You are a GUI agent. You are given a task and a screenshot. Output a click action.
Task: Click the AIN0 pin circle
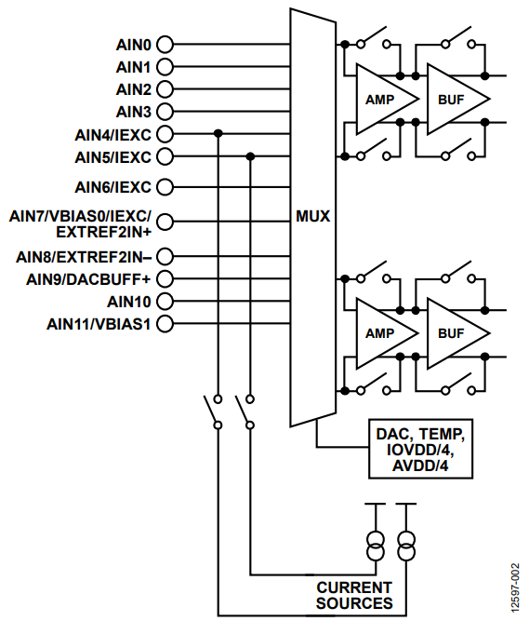[x=165, y=44]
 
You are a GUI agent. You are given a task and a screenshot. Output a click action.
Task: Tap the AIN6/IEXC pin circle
[x=165, y=186]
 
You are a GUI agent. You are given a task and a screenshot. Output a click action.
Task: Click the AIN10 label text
[x=128, y=301]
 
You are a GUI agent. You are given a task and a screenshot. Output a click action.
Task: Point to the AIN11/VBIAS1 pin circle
[x=165, y=324]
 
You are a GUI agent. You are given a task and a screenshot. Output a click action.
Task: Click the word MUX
[x=313, y=216]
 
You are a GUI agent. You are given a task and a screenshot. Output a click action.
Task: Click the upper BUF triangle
[x=451, y=99]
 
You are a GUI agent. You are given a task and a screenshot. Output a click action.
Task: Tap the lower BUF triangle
[x=451, y=332]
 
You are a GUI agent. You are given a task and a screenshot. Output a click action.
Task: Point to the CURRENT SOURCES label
[x=354, y=595]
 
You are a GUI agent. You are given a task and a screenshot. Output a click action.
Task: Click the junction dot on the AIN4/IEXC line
[x=218, y=134]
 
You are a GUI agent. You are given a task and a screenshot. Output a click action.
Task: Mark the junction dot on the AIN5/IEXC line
[x=249, y=156]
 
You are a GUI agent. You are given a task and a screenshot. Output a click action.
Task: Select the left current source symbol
[x=376, y=546]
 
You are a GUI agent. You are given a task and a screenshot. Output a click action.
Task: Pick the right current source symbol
[x=405, y=546]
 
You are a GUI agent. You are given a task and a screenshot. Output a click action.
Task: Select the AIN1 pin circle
[x=165, y=67]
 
